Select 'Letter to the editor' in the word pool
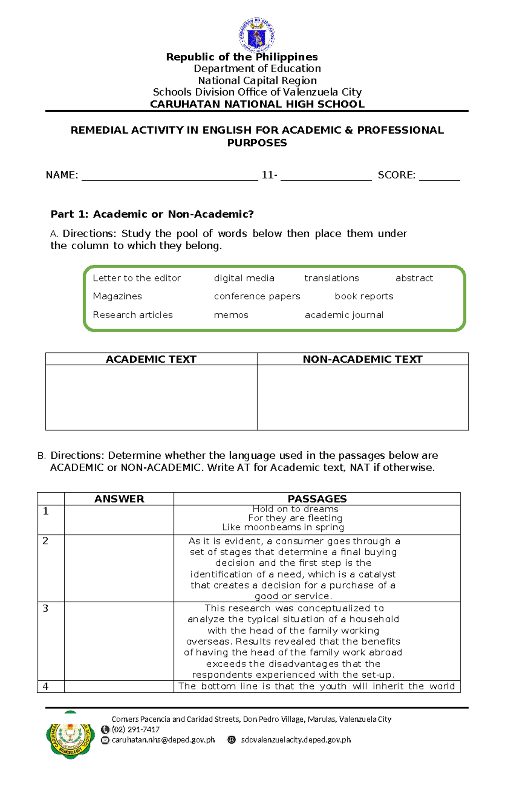(137, 278)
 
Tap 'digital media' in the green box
(244, 278)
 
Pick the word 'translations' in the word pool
(332, 278)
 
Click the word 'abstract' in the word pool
(414, 278)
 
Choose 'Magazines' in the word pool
(117, 296)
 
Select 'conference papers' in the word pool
(257, 296)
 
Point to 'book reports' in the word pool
(364, 296)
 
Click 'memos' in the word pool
(231, 315)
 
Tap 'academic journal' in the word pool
(344, 315)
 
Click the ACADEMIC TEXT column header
(151, 359)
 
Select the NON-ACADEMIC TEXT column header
(362, 359)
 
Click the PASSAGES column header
(317, 499)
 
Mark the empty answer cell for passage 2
(119, 568)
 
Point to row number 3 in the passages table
(46, 609)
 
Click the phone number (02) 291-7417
(136, 729)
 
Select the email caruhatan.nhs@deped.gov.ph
(163, 740)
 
